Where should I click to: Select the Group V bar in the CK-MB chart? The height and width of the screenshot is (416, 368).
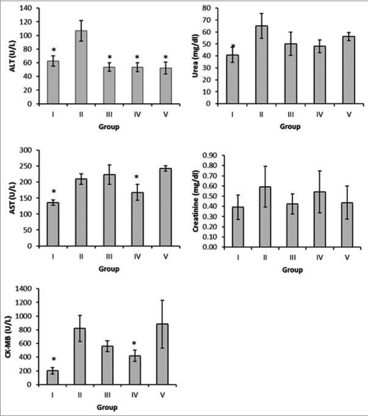point(162,354)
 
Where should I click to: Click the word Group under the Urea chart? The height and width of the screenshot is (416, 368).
point(290,127)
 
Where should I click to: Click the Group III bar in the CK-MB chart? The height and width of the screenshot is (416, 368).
point(107,365)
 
